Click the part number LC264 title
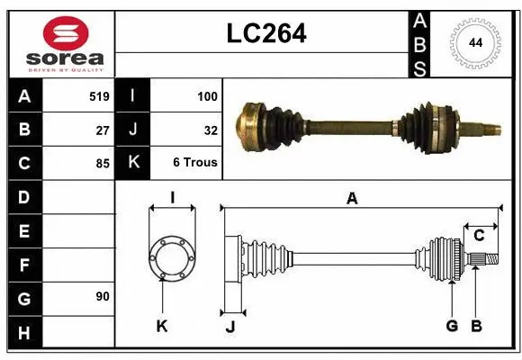(265, 33)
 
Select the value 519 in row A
(99, 95)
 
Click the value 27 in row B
(103, 130)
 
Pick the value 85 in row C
(103, 164)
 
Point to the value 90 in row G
(103, 296)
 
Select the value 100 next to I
(207, 95)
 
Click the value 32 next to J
(211, 130)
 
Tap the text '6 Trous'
(195, 164)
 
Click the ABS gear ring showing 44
(473, 42)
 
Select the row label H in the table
(23, 334)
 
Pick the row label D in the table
(23, 196)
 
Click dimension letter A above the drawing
(352, 199)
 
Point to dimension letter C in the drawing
(479, 236)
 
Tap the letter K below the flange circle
(162, 326)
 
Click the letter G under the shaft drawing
(452, 326)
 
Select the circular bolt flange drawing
(171, 257)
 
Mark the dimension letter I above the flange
(171, 197)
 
